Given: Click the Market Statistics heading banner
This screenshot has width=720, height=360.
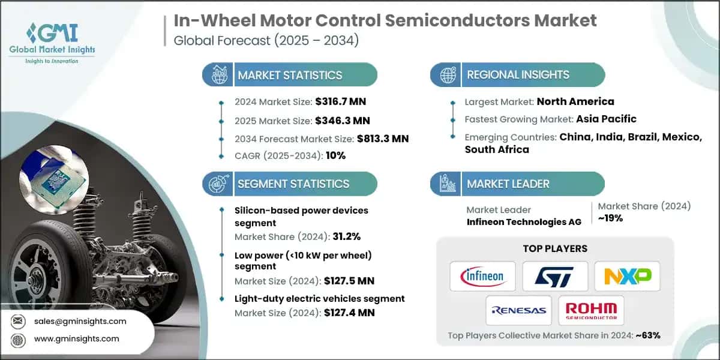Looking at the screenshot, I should (290, 75).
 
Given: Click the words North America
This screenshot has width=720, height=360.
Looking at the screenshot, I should (575, 101).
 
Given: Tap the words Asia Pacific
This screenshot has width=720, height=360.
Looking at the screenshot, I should (606, 119).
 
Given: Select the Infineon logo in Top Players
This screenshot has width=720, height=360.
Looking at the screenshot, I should (482, 276).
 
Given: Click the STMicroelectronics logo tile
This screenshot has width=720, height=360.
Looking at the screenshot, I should (554, 276).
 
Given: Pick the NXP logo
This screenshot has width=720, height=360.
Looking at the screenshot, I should (627, 276).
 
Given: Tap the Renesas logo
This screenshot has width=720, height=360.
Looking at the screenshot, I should (518, 310).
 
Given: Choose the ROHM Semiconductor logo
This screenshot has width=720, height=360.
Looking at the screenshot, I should (591, 310).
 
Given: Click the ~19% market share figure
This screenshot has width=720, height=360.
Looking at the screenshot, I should (610, 218).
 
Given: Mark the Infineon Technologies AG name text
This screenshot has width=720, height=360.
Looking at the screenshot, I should (524, 222).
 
